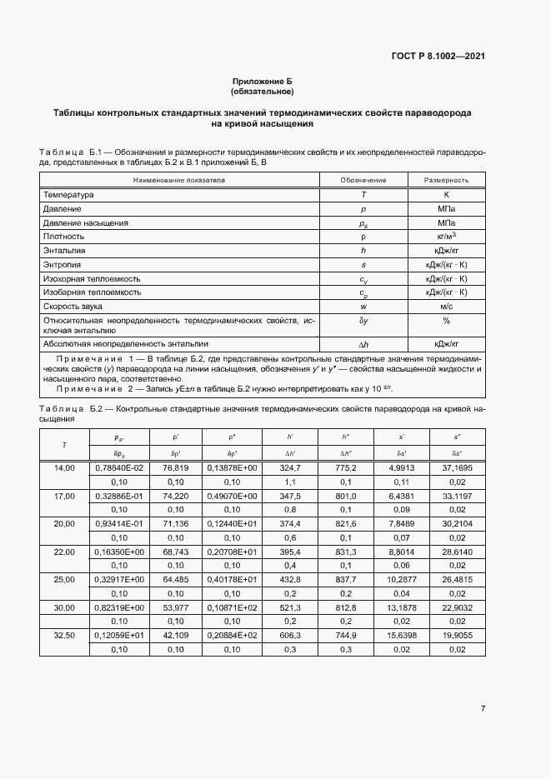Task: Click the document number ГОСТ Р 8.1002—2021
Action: tap(438, 56)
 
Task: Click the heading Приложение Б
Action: tap(263, 81)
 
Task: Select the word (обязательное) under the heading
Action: tap(263, 91)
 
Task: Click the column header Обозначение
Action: tap(363, 180)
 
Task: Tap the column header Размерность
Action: tap(447, 180)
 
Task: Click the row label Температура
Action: tap(69, 194)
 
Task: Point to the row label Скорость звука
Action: tap(75, 307)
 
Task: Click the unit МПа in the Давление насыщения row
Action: tap(447, 222)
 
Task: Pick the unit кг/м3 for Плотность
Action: tap(447, 236)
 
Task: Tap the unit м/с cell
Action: tap(447, 307)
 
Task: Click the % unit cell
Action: tap(447, 320)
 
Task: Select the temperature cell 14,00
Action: tap(64, 469)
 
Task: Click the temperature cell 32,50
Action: tap(64, 634)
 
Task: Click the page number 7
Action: tap(483, 708)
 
